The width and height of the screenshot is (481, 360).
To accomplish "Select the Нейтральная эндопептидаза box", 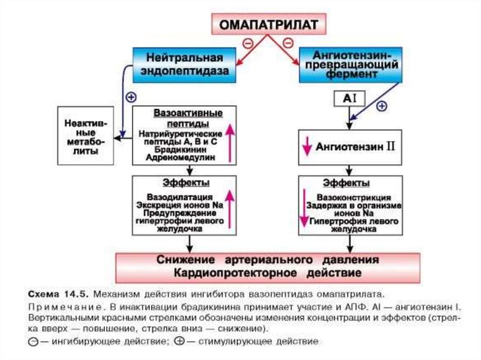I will (184, 65).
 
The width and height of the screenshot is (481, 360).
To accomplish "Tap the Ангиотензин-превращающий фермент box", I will (351, 65).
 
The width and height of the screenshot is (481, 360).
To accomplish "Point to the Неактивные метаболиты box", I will (85, 136).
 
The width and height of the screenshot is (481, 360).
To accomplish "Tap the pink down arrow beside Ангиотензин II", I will (307, 146).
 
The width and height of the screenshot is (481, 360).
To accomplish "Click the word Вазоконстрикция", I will (354, 198).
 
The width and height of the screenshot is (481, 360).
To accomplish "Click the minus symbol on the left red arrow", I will (248, 43).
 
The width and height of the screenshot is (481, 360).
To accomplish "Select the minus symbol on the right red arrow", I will (288, 43).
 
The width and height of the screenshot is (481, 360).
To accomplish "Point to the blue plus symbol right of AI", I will (382, 107).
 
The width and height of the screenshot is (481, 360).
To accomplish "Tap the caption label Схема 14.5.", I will (56, 294).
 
